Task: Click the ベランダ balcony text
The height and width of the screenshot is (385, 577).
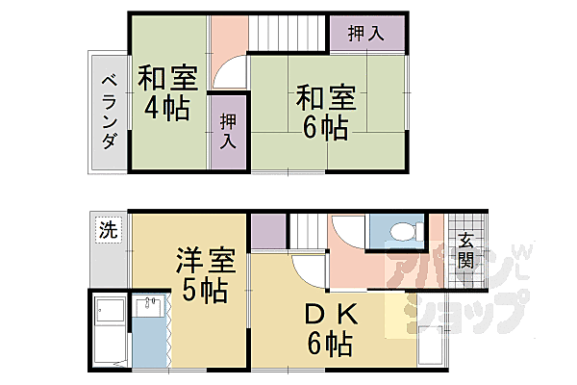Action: pyautogui.click(x=109, y=111)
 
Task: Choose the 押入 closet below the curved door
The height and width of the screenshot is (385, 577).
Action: pyautogui.click(x=228, y=133)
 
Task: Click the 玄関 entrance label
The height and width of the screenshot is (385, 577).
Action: pyautogui.click(x=465, y=250)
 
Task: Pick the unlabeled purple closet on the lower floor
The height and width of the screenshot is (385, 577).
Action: pyautogui.click(x=268, y=232)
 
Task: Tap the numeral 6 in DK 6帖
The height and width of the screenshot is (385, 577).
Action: pyautogui.click(x=315, y=343)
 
